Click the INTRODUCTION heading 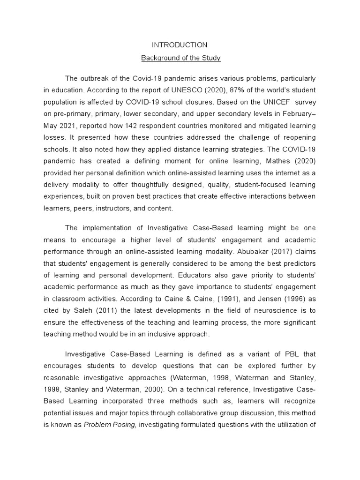[180, 45]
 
